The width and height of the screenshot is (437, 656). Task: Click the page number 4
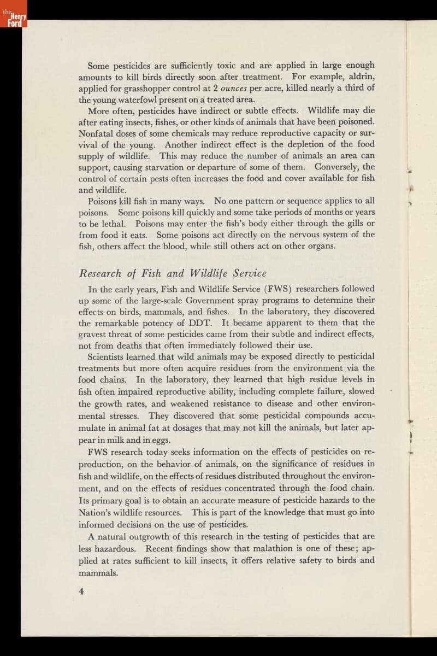coord(81,590)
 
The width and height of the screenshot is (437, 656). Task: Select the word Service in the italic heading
coord(249,273)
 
